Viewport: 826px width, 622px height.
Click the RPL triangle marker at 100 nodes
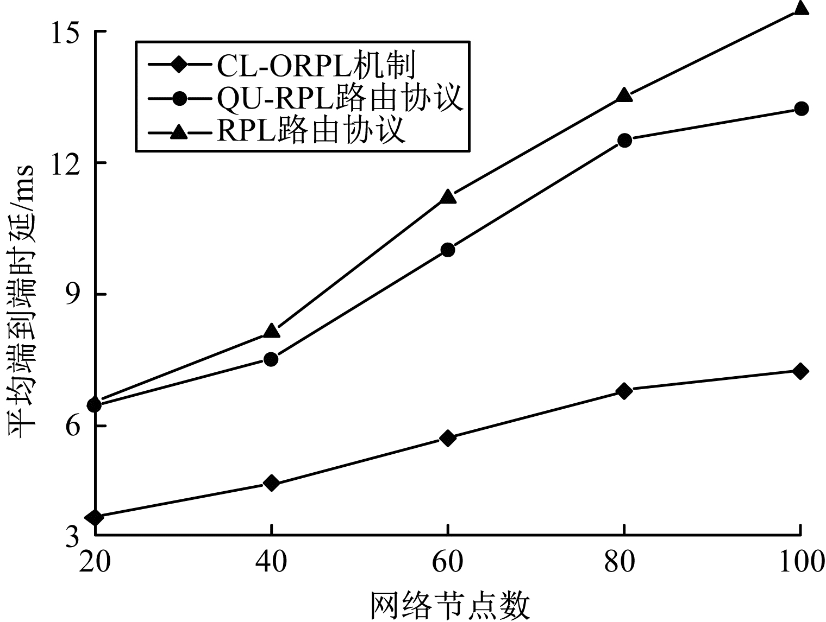(x=800, y=8)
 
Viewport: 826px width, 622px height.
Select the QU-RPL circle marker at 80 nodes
(x=624, y=140)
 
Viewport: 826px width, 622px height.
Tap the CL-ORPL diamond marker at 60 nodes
(x=448, y=437)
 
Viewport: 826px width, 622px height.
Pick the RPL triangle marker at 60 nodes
(x=448, y=196)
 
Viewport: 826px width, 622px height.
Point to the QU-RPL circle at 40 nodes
(x=271, y=359)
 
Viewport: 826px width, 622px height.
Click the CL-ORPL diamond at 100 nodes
(x=800, y=371)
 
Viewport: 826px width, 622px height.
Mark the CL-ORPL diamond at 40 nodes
(x=271, y=483)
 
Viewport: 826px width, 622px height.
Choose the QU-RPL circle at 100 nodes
(x=800, y=109)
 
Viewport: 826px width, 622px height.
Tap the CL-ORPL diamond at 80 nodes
(x=624, y=391)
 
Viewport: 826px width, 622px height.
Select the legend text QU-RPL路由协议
(x=340, y=98)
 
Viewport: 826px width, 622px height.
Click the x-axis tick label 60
(x=448, y=562)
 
